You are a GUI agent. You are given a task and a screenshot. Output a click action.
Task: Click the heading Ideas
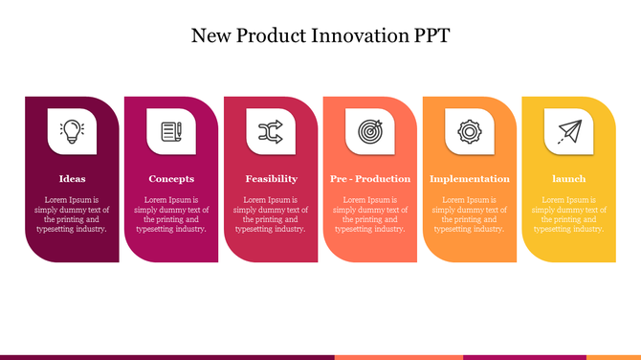(x=72, y=179)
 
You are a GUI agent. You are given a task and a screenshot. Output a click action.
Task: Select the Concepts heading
(x=171, y=179)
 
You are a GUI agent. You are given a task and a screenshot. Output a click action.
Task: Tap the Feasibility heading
(x=271, y=179)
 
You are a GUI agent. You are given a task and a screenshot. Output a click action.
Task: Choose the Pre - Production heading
(x=370, y=179)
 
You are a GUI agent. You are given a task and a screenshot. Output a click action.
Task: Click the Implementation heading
(x=470, y=179)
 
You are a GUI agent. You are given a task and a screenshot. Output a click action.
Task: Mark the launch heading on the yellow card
(x=569, y=179)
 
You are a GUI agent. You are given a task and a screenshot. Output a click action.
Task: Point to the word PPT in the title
(x=430, y=36)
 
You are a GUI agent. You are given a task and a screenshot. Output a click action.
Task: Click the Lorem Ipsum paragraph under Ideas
(x=72, y=214)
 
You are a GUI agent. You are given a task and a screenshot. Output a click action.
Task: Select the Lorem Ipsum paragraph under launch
(x=569, y=214)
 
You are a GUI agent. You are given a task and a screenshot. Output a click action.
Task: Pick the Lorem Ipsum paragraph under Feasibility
(x=271, y=214)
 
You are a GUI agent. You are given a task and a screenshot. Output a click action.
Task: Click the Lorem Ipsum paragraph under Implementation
(x=470, y=214)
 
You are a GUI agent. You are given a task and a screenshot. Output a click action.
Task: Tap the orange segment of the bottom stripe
(x=398, y=357)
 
